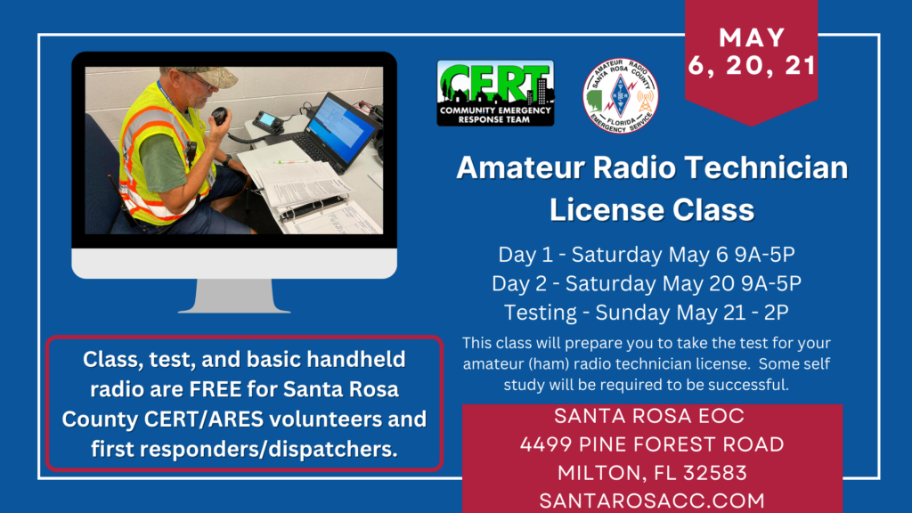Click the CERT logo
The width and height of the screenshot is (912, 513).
495,93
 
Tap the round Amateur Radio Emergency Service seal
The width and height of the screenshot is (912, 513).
621,96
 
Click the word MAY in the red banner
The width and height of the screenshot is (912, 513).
752,37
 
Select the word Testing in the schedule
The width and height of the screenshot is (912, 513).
540,313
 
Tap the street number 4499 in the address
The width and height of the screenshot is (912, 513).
546,445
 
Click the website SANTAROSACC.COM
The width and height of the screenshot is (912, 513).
652,501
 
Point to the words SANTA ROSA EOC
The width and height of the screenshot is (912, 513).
649,417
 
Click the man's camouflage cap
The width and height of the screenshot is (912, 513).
208,75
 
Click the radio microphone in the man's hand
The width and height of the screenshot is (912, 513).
219,116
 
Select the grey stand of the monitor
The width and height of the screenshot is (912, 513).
234,296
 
